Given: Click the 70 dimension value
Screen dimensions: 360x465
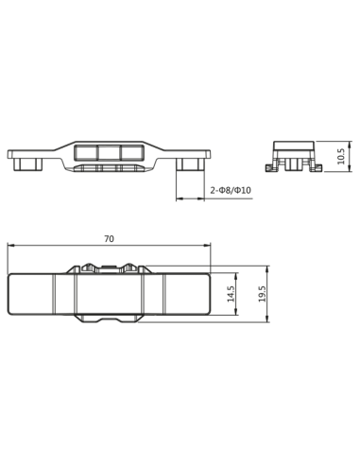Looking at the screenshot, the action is click(x=109, y=239).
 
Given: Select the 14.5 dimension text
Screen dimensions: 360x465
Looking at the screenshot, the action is click(x=231, y=294).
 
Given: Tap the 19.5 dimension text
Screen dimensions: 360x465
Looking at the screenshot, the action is click(x=262, y=294).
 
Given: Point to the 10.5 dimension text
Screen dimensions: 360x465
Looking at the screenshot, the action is click(x=341, y=156).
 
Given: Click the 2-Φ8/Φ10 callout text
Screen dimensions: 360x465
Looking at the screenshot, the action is click(x=231, y=190).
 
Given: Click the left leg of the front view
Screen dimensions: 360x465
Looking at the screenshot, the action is click(x=28, y=164).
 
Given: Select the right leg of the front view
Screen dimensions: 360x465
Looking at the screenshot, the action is click(x=191, y=164).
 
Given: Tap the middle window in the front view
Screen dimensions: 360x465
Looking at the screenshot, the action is click(x=109, y=152).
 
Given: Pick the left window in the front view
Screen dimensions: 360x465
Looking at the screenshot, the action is click(x=86, y=152).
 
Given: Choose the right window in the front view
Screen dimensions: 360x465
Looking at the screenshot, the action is click(x=132, y=152).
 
